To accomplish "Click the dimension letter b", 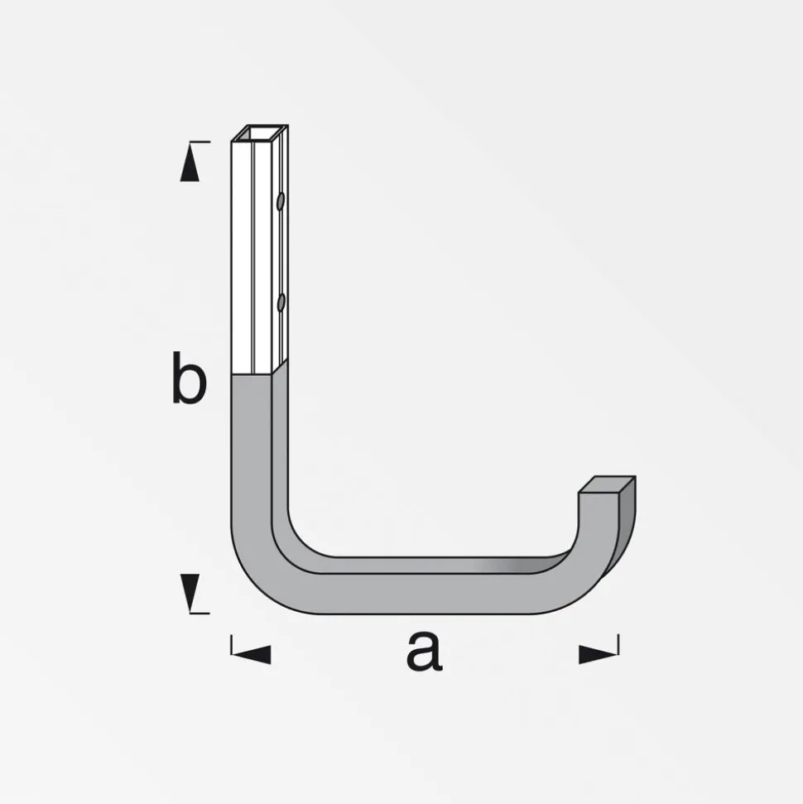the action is [190, 378].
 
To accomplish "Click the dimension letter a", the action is [424, 651].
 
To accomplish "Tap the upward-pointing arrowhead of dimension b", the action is [190, 161].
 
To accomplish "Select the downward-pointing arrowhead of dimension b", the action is [190, 593].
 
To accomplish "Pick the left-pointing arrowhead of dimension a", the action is [251, 654].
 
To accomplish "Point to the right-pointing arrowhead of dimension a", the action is [599, 654].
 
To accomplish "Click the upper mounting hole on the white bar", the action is [281, 201].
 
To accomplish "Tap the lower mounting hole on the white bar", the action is [281, 302].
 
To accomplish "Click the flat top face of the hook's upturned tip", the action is [607, 484].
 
